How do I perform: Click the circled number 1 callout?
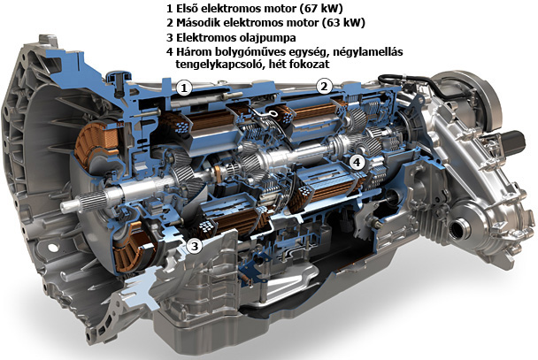click(x=184, y=88)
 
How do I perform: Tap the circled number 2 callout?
click(x=324, y=87)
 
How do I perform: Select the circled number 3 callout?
click(x=195, y=246)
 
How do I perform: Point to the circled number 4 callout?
click(x=357, y=162)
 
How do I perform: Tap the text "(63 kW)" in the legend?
click(x=343, y=23)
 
